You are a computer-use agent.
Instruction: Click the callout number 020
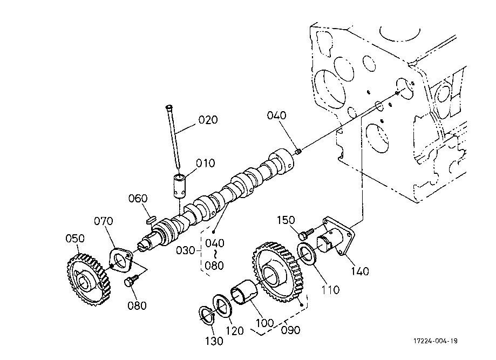(208, 120)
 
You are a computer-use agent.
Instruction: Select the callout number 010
(205, 163)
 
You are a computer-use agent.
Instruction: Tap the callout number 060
(138, 198)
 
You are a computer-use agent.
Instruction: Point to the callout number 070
(104, 221)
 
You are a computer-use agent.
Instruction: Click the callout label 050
(75, 238)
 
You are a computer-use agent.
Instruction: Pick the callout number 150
(286, 220)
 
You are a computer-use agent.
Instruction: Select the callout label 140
(360, 271)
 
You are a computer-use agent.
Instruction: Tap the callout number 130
(214, 341)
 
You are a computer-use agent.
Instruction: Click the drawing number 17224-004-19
(435, 341)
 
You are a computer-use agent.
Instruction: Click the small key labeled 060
(152, 219)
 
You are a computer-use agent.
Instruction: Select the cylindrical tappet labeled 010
(180, 186)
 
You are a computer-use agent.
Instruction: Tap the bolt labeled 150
(305, 234)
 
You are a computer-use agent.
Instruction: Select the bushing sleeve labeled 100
(244, 292)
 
